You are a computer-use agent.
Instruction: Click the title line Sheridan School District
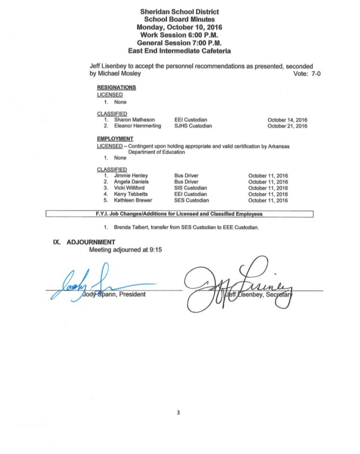[179, 12]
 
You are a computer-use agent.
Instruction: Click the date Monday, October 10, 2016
[179, 27]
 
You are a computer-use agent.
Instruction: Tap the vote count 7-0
[313, 74]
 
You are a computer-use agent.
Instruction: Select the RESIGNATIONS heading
[116, 88]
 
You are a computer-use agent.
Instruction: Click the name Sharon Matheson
[134, 120]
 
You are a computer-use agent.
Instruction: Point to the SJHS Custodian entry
[193, 126]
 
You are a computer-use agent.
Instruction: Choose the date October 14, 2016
[287, 120]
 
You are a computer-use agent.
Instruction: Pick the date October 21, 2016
[287, 127]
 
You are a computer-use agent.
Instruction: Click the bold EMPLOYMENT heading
[115, 138]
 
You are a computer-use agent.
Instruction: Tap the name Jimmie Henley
[131, 176]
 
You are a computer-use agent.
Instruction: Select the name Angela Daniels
[131, 182]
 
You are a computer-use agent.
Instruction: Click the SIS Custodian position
[191, 188]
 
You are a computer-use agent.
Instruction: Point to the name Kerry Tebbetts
[131, 194]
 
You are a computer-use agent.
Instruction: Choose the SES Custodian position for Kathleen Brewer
[191, 200]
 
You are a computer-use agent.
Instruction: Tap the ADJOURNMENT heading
[91, 242]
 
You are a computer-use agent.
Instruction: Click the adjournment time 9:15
[155, 250]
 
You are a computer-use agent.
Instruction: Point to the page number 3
[178, 412]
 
